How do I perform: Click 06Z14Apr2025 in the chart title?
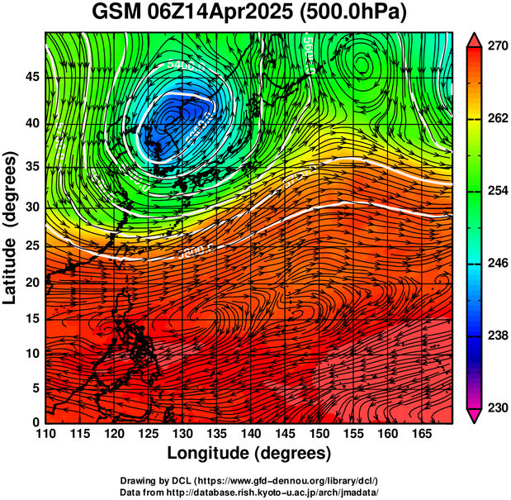225,14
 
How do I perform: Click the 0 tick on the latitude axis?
36,422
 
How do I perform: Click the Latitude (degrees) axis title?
12,227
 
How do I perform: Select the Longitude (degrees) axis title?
248,453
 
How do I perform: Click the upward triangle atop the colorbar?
474,40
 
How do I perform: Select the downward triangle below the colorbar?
474,415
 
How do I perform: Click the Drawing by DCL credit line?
248,480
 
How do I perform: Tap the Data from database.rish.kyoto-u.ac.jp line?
248,492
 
